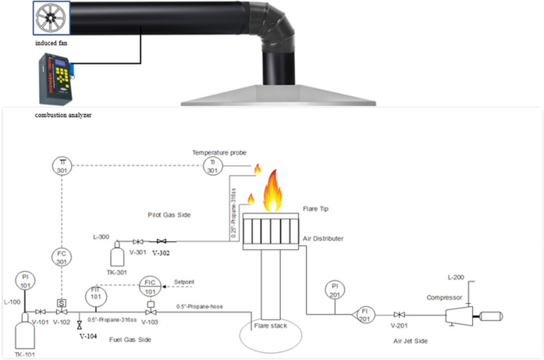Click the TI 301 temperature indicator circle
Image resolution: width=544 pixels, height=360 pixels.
pos(212,167)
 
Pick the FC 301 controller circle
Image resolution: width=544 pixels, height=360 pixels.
pos(62,258)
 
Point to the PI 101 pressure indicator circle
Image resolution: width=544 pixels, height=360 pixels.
pos(24,280)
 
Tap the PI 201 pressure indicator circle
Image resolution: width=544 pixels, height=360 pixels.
pos(334,288)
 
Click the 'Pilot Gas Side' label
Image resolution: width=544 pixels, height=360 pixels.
pos(169,213)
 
